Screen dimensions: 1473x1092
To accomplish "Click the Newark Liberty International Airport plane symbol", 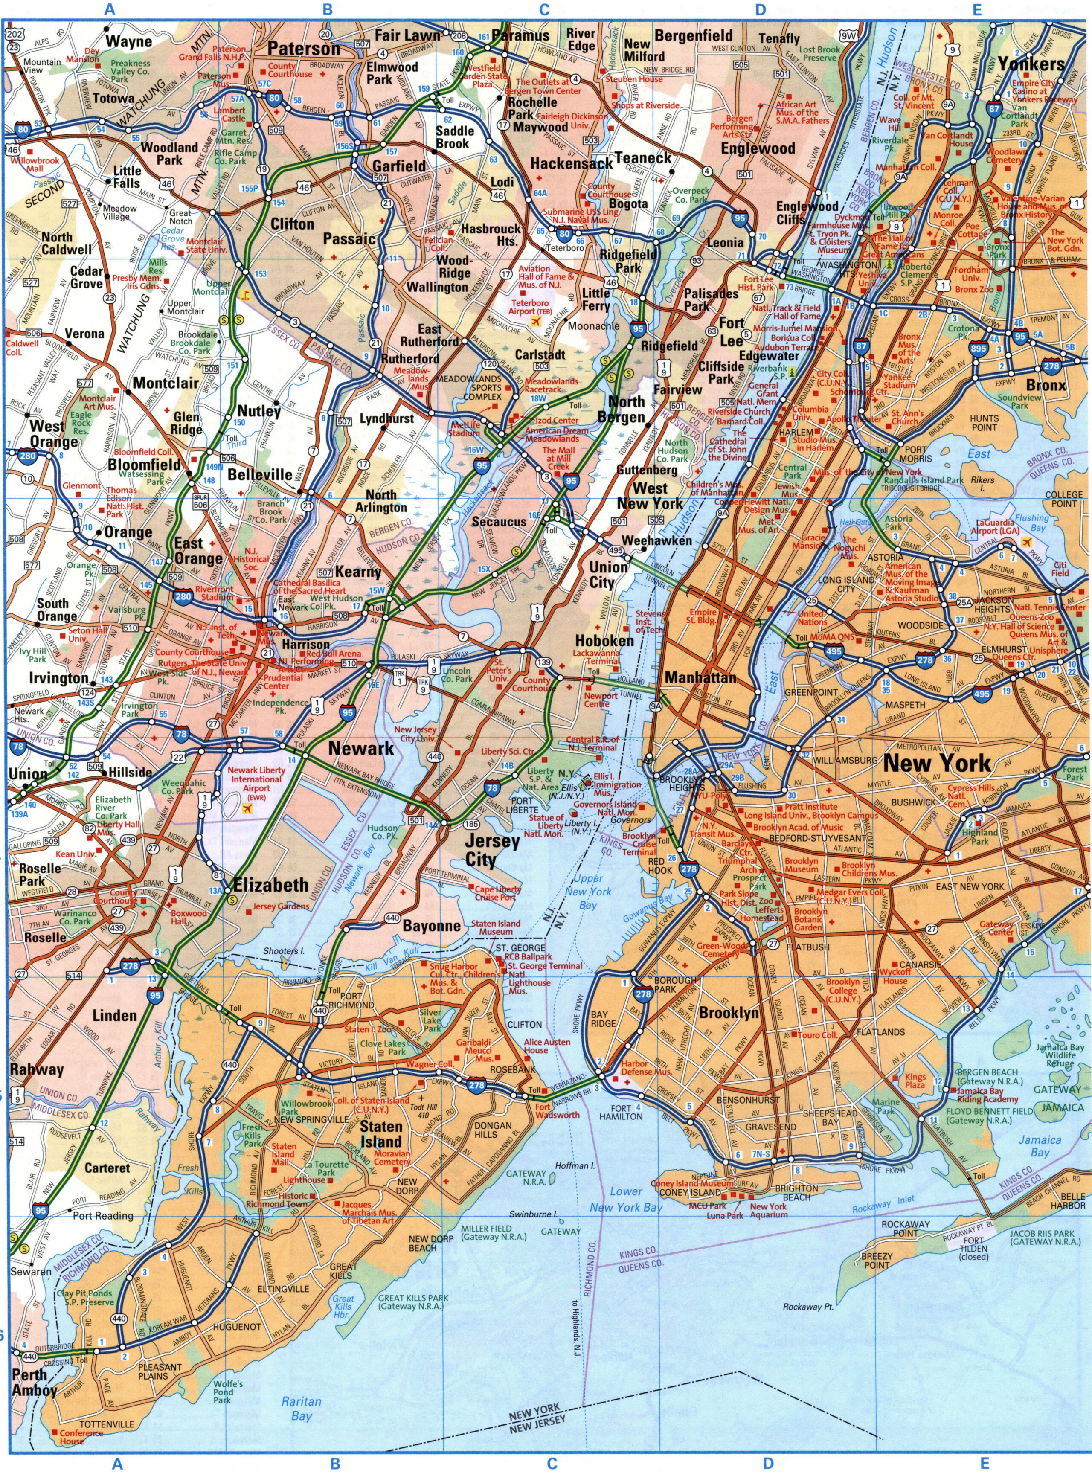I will [x=249, y=808].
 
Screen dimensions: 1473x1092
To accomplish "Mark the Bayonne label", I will [x=432, y=926].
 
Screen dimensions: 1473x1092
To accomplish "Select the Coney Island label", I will [x=695, y=1193].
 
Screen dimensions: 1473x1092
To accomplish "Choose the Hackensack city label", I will [x=572, y=163].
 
